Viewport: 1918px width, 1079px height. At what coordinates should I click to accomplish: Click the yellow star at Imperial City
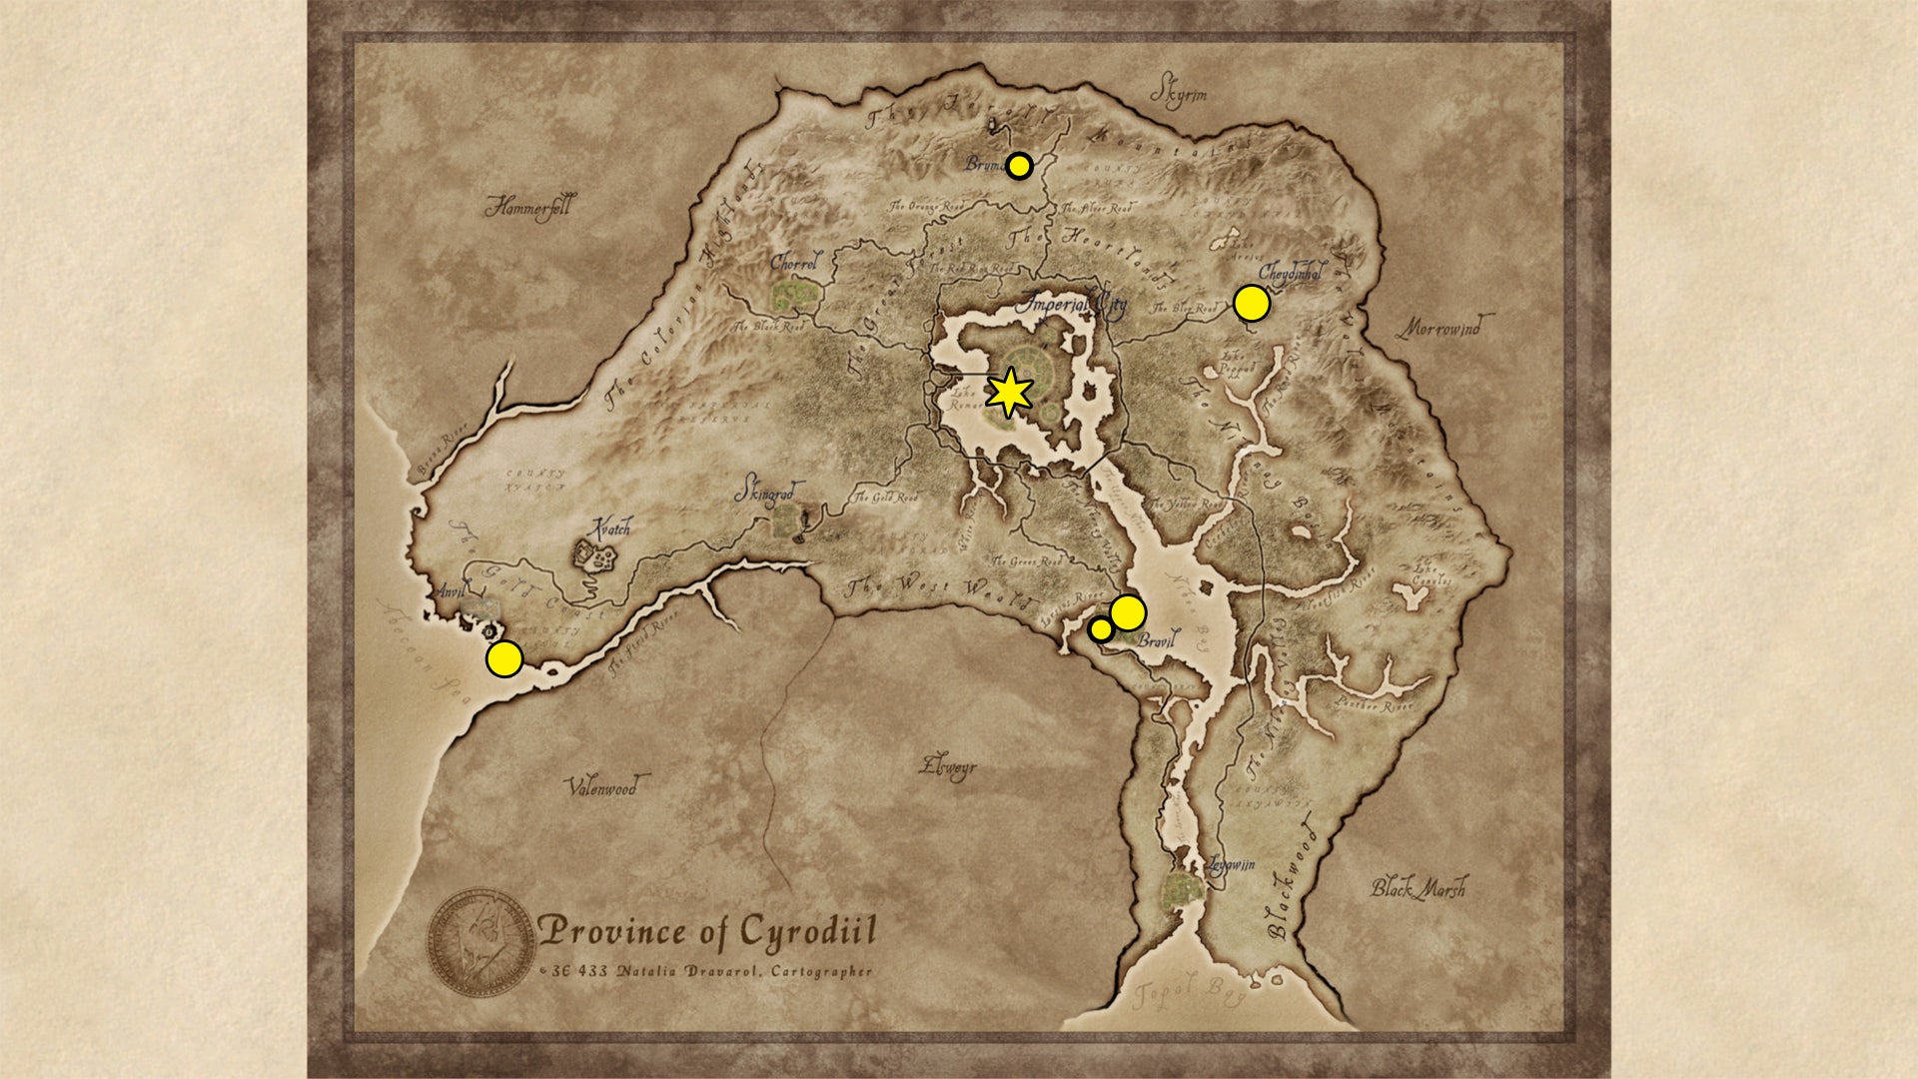click(x=1009, y=393)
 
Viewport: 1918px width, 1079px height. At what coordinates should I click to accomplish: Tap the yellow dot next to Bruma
click(x=1019, y=166)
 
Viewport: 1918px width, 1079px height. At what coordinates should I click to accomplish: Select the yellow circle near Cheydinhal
click(x=1252, y=304)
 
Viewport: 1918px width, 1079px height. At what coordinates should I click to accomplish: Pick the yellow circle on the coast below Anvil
click(x=504, y=659)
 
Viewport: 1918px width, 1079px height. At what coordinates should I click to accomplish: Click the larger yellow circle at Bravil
click(x=1127, y=612)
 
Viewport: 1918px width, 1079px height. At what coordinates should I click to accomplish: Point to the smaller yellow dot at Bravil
click(x=1100, y=629)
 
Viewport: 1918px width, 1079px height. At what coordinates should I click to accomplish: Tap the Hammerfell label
click(x=529, y=208)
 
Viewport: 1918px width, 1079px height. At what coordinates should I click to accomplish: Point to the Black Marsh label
click(x=1418, y=887)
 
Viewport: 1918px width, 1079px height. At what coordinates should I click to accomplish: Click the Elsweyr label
click(x=948, y=767)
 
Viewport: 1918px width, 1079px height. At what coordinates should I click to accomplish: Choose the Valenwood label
click(x=601, y=787)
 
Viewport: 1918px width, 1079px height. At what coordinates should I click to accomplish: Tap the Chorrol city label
click(x=795, y=263)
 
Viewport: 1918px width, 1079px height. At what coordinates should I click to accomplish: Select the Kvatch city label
click(x=610, y=529)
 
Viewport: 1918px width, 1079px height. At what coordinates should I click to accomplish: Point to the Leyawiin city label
click(x=1230, y=865)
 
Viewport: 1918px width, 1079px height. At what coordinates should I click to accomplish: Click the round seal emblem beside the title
click(x=481, y=942)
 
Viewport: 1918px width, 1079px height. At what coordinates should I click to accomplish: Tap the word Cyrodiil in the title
click(x=807, y=931)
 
